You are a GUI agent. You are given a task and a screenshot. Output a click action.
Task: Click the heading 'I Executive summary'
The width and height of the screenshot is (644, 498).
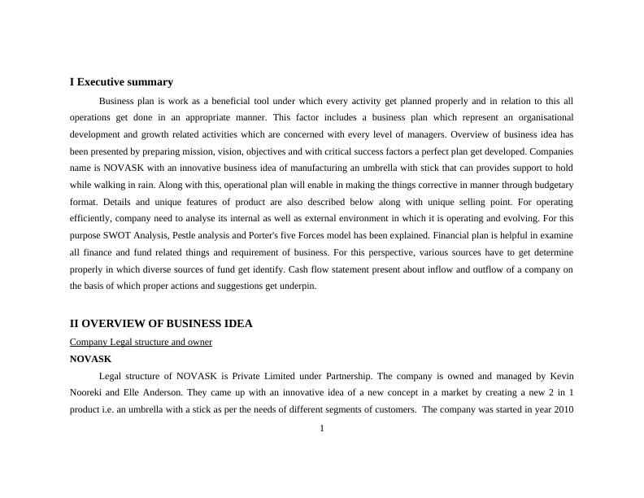click(x=121, y=82)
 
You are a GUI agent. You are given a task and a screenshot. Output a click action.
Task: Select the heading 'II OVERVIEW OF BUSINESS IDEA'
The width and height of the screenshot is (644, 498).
click(x=161, y=324)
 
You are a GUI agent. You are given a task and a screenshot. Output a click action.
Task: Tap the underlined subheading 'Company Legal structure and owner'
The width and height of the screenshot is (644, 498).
click(x=141, y=342)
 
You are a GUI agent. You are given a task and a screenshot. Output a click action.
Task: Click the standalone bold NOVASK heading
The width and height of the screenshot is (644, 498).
click(x=90, y=359)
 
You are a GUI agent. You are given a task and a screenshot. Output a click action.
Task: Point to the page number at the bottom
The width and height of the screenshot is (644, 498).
click(x=322, y=429)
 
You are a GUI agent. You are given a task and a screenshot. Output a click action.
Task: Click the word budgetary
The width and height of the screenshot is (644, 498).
click(x=552, y=185)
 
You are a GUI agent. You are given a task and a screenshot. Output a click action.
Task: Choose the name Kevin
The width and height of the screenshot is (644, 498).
click(x=562, y=376)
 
